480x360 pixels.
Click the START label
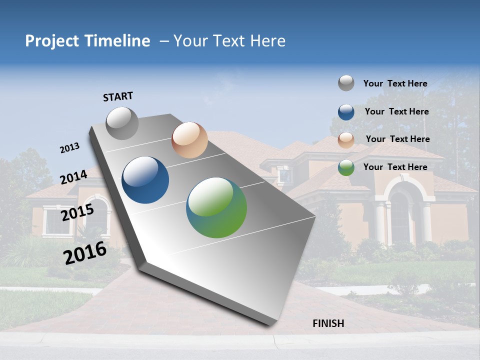coord(118,96)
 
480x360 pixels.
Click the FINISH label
coord(328,323)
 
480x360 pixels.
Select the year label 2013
coord(69,148)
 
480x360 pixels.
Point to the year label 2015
coord(77,212)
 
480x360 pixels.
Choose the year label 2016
coord(85,252)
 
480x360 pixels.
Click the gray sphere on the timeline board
coord(122,123)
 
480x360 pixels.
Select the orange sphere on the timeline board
coord(189,140)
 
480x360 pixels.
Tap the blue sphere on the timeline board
coord(145,180)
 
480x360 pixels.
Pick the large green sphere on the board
coord(216,207)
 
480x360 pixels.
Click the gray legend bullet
coord(346,83)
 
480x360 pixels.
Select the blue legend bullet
coord(346,112)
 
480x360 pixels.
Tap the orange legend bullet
coord(346,139)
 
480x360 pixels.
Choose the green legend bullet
coord(346,167)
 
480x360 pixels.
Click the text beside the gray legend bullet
coord(395,84)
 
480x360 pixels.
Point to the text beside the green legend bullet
coord(395,167)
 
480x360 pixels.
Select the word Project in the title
coord(52,41)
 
